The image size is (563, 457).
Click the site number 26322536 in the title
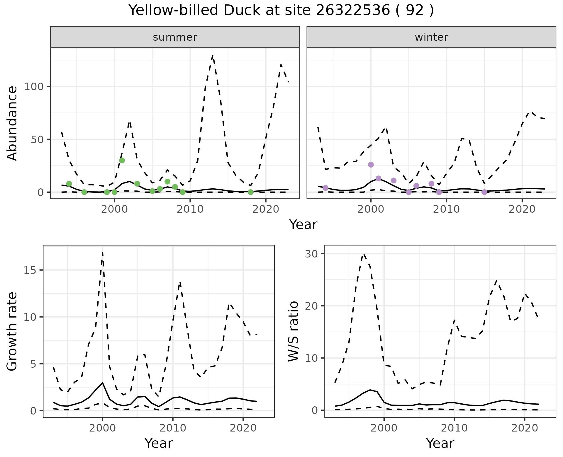[353, 11]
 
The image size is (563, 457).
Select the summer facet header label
[175, 37]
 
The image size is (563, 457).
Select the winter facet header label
[431, 37]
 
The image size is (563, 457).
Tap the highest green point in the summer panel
[122, 160]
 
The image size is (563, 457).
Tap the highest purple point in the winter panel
[371, 165]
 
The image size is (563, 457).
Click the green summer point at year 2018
[250, 192]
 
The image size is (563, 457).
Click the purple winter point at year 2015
[484, 192]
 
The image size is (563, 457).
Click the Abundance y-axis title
[12, 123]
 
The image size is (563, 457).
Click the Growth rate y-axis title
[12, 331]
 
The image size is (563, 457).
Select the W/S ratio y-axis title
[294, 331]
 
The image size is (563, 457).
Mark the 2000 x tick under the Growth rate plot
[102, 428]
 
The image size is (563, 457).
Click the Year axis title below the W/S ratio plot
[440, 443]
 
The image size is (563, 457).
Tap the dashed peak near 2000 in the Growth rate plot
[102, 252]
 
